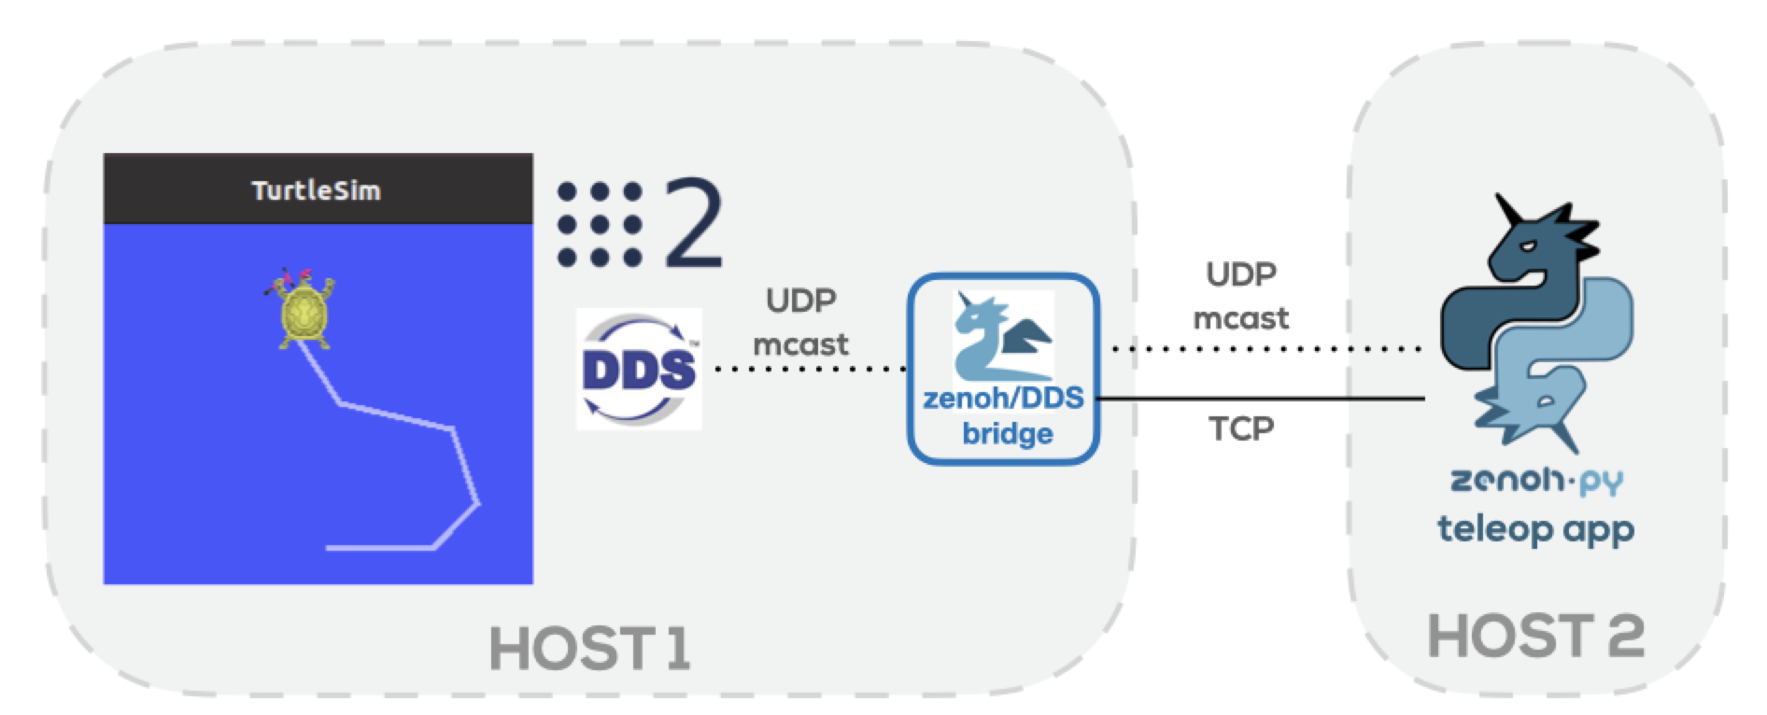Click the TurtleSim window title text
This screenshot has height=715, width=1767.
pyautogui.click(x=316, y=190)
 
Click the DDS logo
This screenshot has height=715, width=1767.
pyautogui.click(x=639, y=370)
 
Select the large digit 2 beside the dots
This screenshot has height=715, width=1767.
pyautogui.click(x=693, y=224)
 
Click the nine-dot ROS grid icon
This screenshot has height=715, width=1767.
pyautogui.click(x=600, y=224)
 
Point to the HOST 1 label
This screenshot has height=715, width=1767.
pyautogui.click(x=589, y=648)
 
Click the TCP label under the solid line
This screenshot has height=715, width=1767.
pyautogui.click(x=1241, y=428)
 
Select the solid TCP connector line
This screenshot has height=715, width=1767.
pyautogui.click(x=1261, y=399)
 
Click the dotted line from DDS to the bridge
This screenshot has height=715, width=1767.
pyautogui.click(x=808, y=369)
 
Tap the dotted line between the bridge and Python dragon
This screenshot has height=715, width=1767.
pyautogui.click(x=1265, y=349)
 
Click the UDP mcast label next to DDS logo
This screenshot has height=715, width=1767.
pyautogui.click(x=800, y=322)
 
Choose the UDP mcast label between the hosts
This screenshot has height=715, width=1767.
pyautogui.click(x=1240, y=296)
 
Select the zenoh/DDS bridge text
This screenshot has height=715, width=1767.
pyautogui.click(x=1004, y=415)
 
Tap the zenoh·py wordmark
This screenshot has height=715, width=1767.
pyautogui.click(x=1535, y=480)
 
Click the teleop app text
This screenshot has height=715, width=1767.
pyautogui.click(x=1535, y=529)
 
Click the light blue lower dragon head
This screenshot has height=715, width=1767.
pyautogui.click(x=1532, y=401)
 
